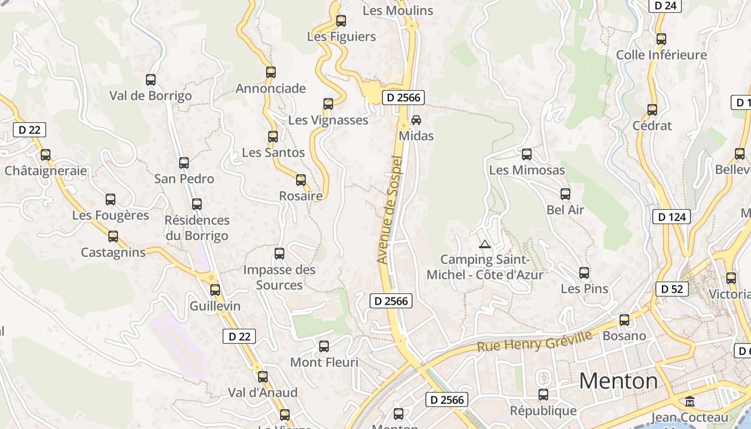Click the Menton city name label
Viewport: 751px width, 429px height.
tap(618, 381)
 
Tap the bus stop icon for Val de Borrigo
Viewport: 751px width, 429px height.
tap(151, 80)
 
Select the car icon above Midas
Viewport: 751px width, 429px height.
tap(416, 120)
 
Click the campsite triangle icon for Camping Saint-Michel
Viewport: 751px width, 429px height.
tap(485, 244)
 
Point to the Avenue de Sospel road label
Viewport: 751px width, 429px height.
tap(390, 209)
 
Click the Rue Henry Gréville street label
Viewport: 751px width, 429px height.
tap(534, 341)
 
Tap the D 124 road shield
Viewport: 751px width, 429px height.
tap(671, 217)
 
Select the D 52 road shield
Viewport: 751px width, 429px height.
tap(672, 289)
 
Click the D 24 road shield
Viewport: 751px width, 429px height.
tap(665, 5)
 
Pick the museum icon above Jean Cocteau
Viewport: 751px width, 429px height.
tap(690, 401)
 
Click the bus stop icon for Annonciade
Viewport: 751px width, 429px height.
tap(271, 72)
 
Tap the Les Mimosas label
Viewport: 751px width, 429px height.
tap(527, 170)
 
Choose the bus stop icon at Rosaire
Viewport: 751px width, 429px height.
tap(301, 180)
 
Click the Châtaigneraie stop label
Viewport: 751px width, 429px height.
tap(46, 171)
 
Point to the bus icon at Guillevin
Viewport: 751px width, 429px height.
tap(215, 290)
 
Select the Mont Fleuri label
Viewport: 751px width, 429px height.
tap(324, 363)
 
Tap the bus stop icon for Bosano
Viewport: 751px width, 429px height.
tap(624, 320)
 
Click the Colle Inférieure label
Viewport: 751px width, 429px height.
tap(661, 55)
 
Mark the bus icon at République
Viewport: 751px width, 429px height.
tap(543, 395)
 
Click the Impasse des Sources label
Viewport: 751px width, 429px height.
tap(279, 277)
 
